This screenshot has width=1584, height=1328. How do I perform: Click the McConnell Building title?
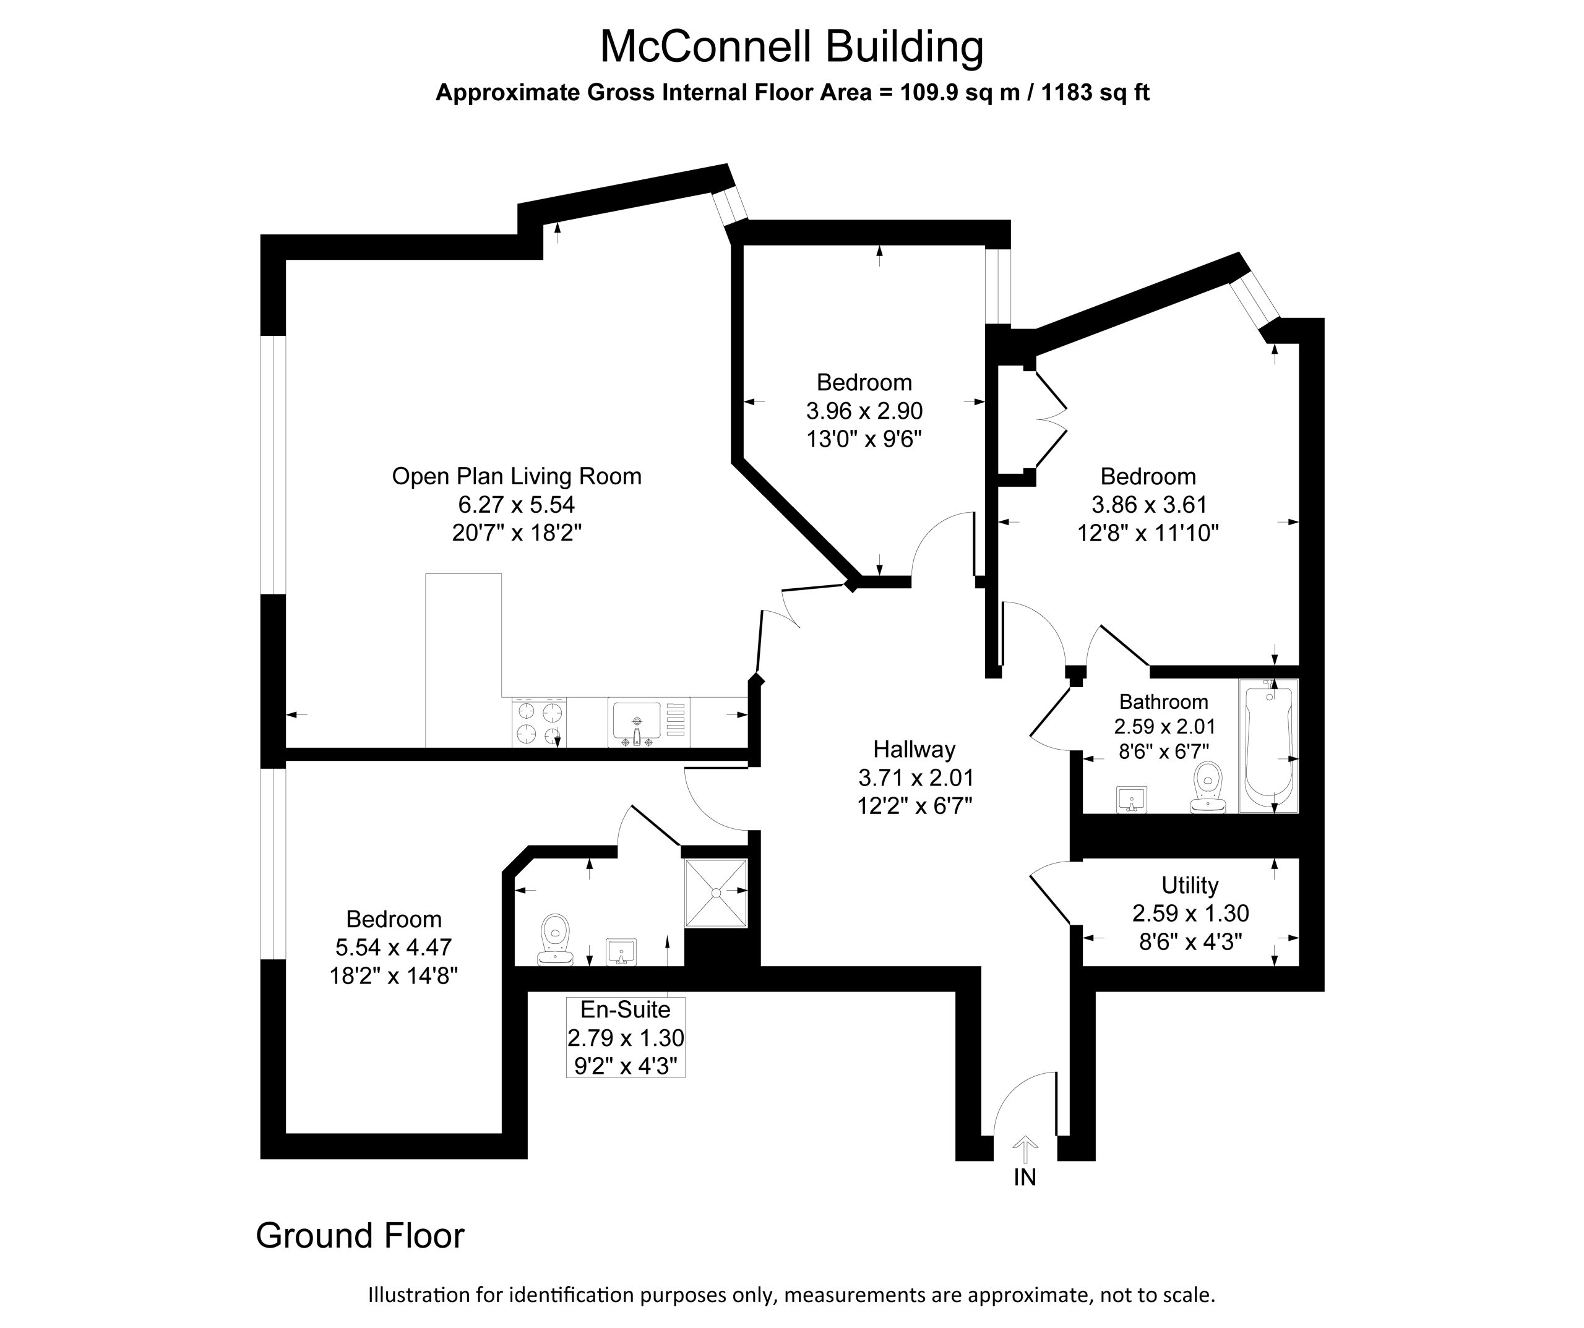click(x=791, y=47)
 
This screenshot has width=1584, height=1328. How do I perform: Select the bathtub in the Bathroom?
click(x=1268, y=746)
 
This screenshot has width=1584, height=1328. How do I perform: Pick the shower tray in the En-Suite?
click(x=716, y=893)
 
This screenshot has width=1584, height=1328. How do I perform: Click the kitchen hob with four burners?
click(x=540, y=722)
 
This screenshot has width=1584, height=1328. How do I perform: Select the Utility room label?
click(x=1189, y=885)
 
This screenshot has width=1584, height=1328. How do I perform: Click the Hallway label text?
click(x=914, y=749)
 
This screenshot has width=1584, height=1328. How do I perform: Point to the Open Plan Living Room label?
click(x=517, y=477)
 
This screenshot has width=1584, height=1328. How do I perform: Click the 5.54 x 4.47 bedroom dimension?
click(x=394, y=946)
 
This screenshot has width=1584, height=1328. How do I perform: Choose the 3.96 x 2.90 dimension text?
click(x=864, y=411)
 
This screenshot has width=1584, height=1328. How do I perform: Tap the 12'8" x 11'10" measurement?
click(x=1148, y=533)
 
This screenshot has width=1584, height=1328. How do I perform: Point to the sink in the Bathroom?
click(x=1130, y=799)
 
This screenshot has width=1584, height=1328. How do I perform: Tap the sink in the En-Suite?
click(x=621, y=953)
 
